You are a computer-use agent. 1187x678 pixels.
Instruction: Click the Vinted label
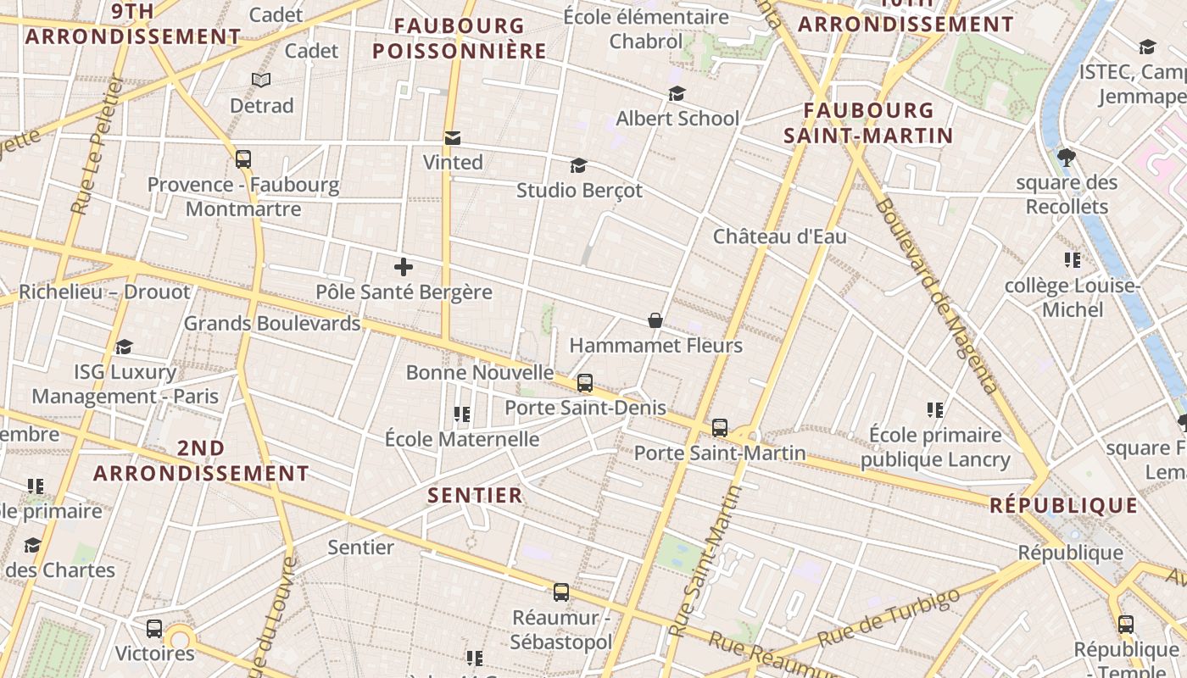(453, 162)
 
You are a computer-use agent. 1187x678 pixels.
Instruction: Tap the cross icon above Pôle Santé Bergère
(404, 268)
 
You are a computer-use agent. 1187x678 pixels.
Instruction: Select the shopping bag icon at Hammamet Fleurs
(655, 320)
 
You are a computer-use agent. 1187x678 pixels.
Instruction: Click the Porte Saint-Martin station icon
(720, 428)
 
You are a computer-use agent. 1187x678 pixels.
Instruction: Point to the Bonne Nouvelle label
(479, 373)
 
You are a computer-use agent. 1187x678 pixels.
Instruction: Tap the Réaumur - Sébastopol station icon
(561, 592)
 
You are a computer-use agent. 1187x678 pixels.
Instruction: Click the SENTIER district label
(475, 496)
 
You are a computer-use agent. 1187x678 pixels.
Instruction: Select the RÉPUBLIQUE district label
(1064, 506)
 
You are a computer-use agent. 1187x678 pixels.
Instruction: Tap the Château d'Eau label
(779, 236)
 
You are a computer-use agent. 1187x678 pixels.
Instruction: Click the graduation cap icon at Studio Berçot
(578, 165)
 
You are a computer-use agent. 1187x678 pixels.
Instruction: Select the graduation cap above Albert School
(677, 93)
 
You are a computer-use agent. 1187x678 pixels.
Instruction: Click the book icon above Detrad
(261, 81)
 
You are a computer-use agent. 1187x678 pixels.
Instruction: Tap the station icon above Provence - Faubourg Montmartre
(243, 159)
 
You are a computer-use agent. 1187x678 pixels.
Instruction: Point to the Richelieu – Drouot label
(104, 292)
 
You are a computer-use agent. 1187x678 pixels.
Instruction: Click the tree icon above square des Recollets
(1067, 157)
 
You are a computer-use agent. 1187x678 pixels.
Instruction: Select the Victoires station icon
(154, 629)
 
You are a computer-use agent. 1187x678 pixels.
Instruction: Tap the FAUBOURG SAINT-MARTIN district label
(868, 123)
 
